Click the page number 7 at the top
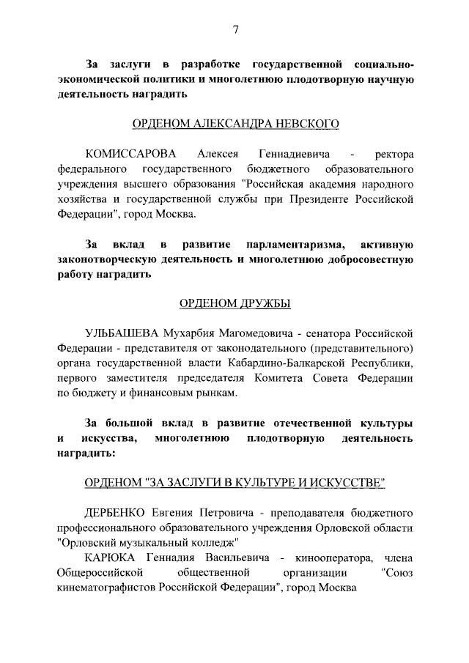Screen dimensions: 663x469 click(235, 29)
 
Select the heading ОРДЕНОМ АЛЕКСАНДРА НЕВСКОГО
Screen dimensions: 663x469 click(234, 125)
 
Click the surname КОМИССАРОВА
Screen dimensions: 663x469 click(132, 155)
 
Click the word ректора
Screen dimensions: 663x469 click(394, 155)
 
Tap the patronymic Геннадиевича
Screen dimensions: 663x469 click(292, 155)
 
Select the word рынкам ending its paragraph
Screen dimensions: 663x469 click(215, 394)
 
